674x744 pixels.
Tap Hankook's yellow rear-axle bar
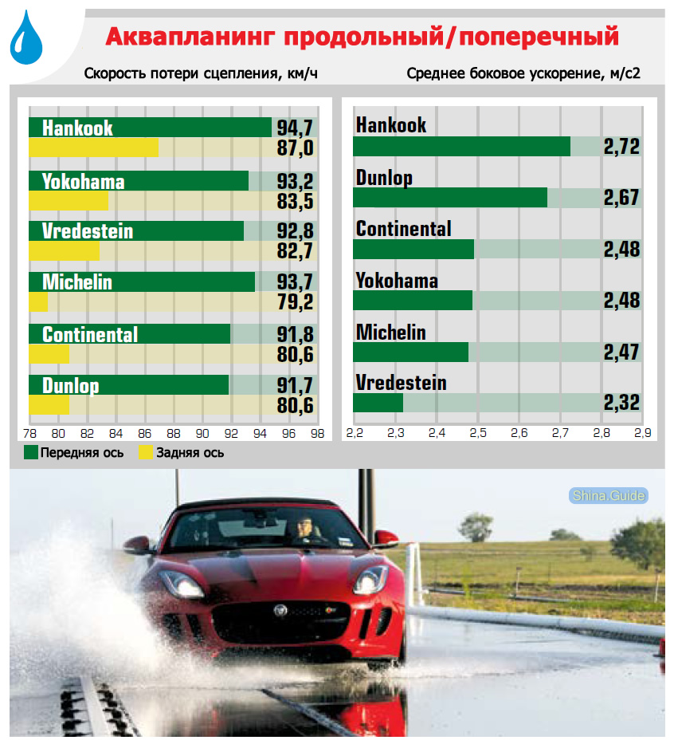93,148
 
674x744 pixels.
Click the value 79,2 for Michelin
295,302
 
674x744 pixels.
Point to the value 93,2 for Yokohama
295,181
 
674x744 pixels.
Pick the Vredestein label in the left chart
88,231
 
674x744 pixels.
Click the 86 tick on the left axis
144,434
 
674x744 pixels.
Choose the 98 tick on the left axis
317,434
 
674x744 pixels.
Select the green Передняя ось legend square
31,453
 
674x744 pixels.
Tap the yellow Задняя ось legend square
145,453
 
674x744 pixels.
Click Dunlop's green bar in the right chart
449,198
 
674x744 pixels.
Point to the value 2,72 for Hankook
621,147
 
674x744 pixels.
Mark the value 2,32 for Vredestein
621,403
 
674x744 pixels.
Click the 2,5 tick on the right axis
478,434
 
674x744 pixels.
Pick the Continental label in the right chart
403,229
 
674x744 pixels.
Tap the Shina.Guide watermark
608,496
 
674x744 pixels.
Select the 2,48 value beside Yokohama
621,301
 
